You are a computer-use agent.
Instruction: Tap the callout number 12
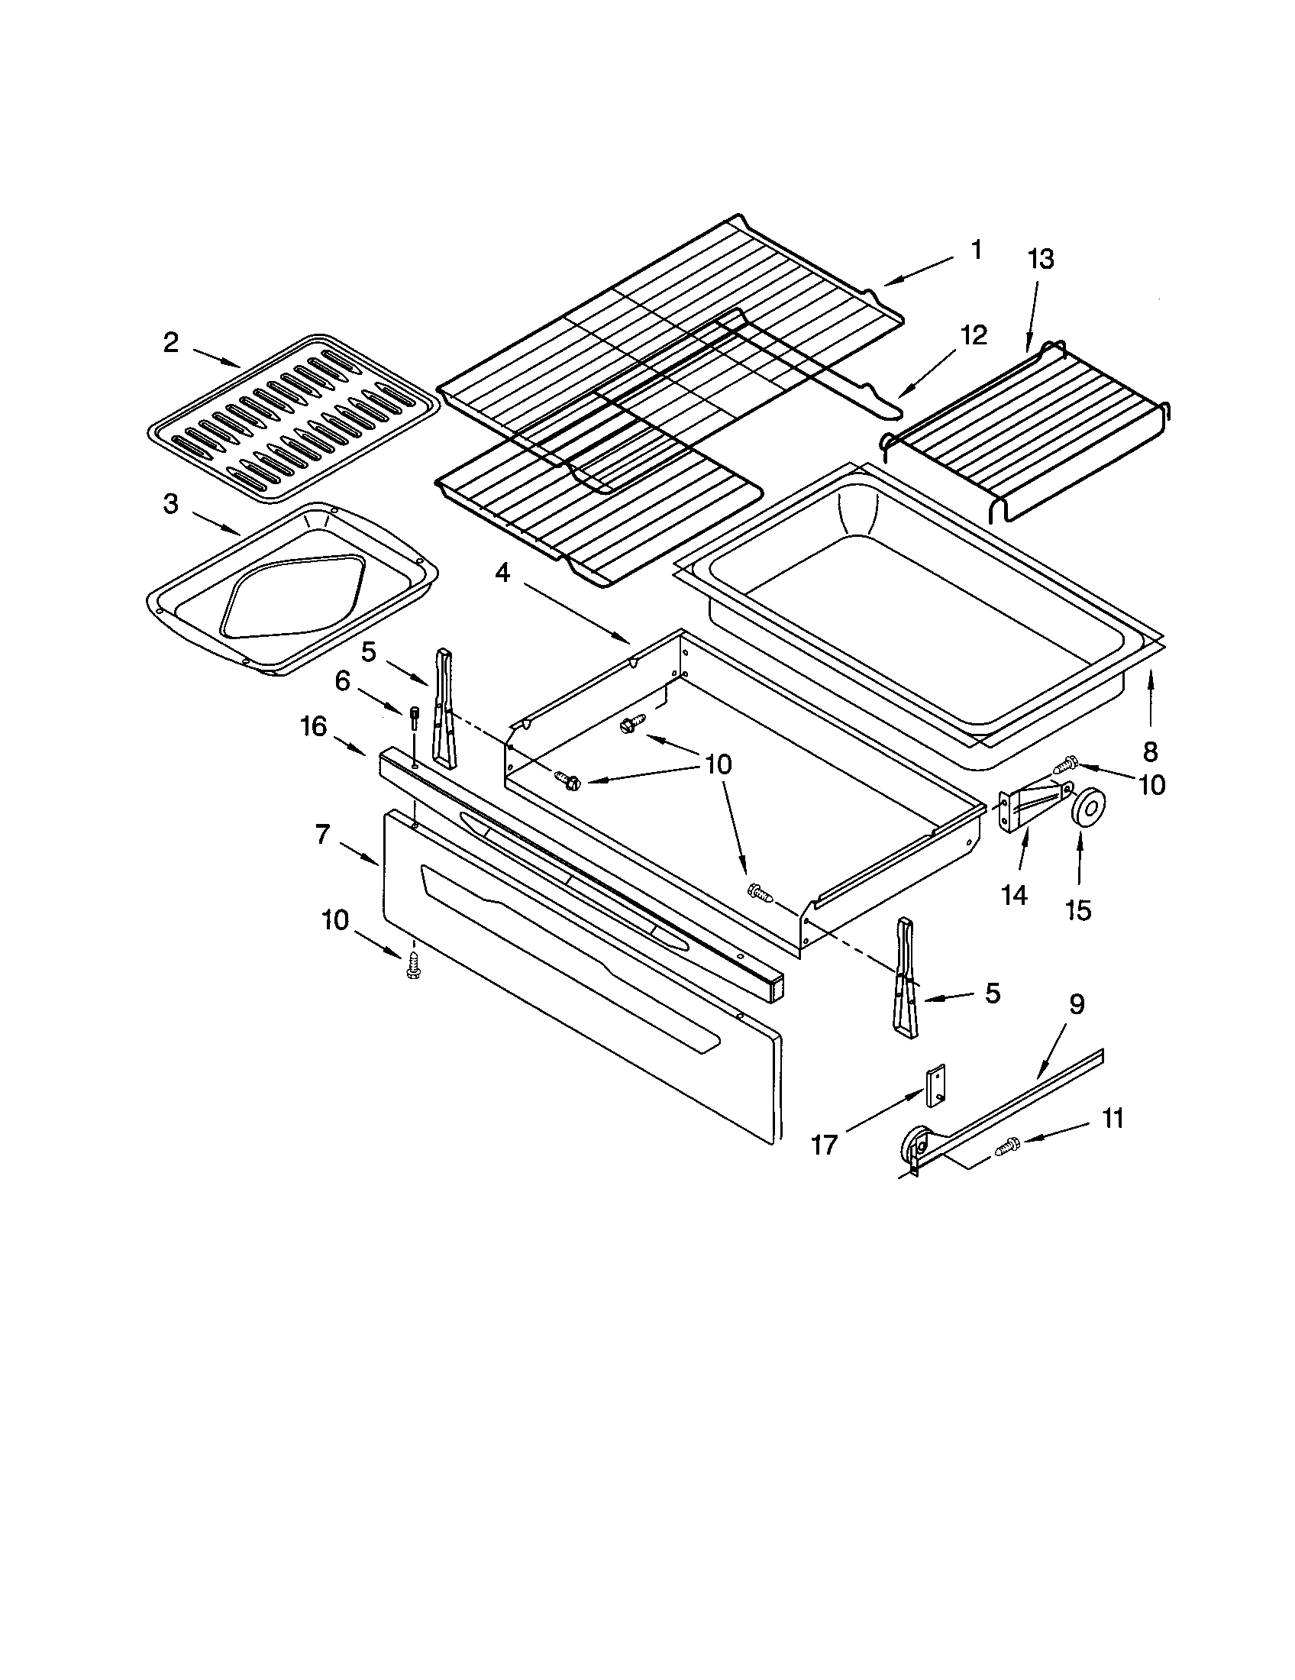coord(973,335)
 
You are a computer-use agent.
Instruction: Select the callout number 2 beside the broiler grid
coord(171,342)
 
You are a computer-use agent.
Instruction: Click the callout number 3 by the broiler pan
coord(171,505)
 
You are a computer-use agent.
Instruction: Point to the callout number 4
coord(502,573)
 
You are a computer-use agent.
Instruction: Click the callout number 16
coord(314,725)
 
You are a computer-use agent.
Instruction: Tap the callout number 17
coord(824,1145)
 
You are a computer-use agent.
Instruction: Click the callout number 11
coord(1113,1118)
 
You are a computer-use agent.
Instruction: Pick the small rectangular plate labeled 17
coord(936,1086)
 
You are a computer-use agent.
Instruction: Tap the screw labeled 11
coord(1005,1149)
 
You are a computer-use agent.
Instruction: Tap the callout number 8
coord(1151,751)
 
